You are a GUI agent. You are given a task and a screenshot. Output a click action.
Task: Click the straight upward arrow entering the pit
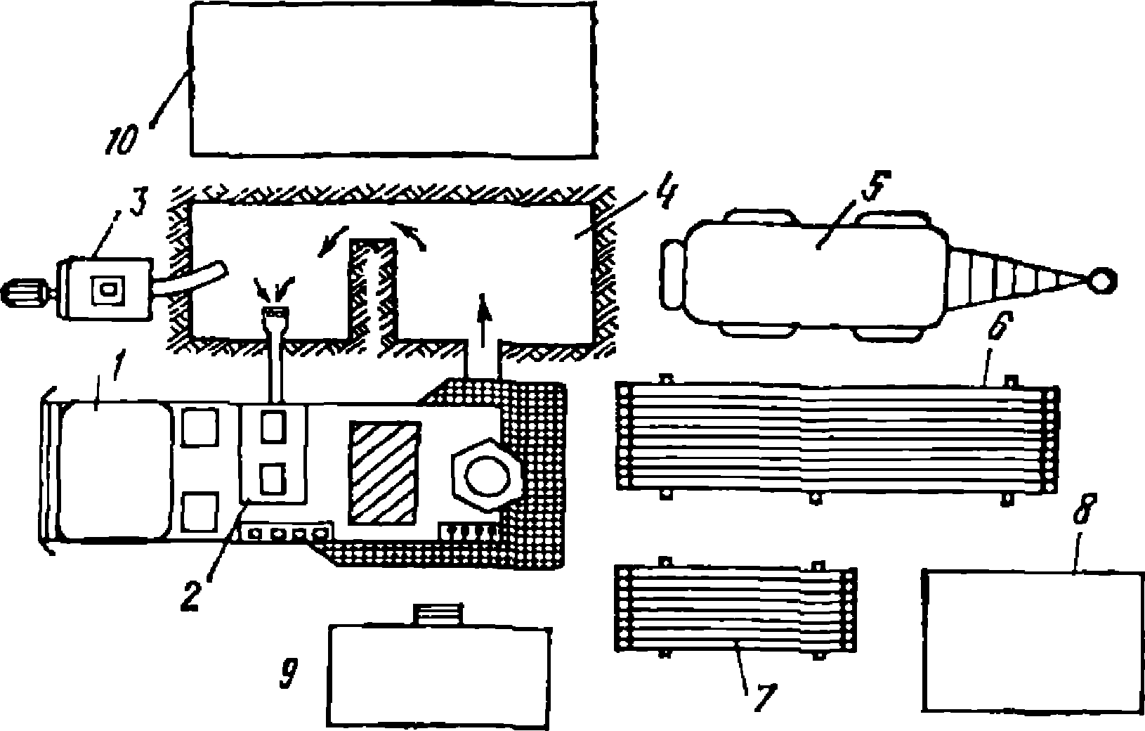pos(483,319)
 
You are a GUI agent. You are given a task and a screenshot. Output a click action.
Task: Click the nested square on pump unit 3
pos(110,289)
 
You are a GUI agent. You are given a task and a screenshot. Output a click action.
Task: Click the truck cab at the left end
pos(112,472)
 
